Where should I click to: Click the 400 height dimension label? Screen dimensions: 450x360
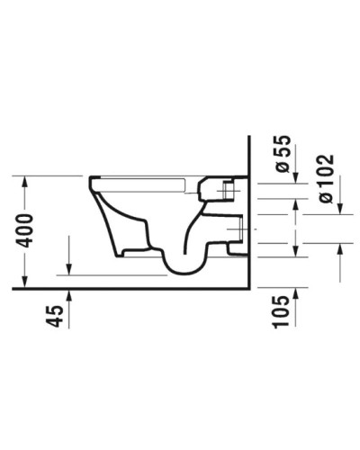[x=28, y=230]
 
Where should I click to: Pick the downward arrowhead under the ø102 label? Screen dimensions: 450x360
[x=339, y=211]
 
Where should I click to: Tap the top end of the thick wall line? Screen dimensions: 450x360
[x=248, y=137]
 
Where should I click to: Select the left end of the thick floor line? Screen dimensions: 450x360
[x=14, y=291]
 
